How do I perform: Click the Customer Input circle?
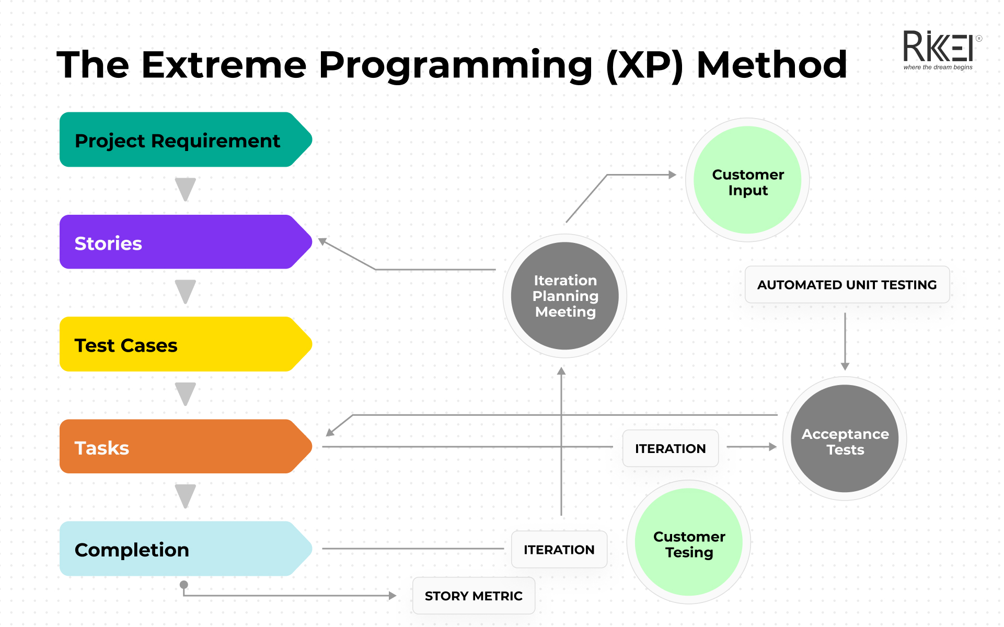click(747, 180)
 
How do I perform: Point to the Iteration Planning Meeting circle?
click(565, 296)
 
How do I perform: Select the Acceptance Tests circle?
click(845, 439)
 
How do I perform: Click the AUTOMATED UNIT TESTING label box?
click(847, 285)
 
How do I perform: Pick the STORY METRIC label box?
click(474, 596)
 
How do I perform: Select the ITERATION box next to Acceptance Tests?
click(670, 448)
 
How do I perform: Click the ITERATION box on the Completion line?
click(559, 550)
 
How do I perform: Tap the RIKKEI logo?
click(938, 47)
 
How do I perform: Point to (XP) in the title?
click(644, 66)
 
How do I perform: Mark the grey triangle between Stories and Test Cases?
click(186, 291)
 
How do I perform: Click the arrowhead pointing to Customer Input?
click(673, 175)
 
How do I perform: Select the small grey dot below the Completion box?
click(184, 585)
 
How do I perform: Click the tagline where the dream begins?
click(938, 67)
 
